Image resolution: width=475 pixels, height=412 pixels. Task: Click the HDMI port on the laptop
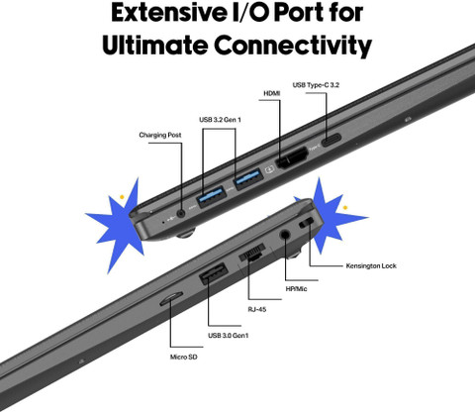291,158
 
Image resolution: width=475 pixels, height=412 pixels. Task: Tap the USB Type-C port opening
332,140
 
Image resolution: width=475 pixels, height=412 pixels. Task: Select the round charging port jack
181,213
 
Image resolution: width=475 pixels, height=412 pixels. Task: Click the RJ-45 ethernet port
252,253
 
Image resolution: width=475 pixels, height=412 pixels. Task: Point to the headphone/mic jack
285,235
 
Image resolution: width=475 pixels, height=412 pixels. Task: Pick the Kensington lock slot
307,223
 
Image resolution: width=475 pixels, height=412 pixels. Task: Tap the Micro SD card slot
171,298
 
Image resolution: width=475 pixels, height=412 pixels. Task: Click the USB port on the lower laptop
214,272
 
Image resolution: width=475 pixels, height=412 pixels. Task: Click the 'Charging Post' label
160,135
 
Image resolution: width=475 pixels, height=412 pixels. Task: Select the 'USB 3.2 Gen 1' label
220,120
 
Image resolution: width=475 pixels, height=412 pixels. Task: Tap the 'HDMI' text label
272,93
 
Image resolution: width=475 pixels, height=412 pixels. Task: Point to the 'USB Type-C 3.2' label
316,85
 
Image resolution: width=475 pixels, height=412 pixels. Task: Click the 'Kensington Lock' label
371,265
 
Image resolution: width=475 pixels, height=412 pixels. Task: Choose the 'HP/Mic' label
296,289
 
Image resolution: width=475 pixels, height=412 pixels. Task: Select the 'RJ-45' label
257,309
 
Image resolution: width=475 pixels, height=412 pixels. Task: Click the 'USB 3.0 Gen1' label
229,336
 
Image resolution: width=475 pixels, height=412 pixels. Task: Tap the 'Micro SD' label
184,357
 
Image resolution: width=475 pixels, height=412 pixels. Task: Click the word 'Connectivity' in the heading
293,45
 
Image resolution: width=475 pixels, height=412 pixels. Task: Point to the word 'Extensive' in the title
168,13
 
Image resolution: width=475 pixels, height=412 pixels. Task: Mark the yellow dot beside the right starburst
345,208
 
